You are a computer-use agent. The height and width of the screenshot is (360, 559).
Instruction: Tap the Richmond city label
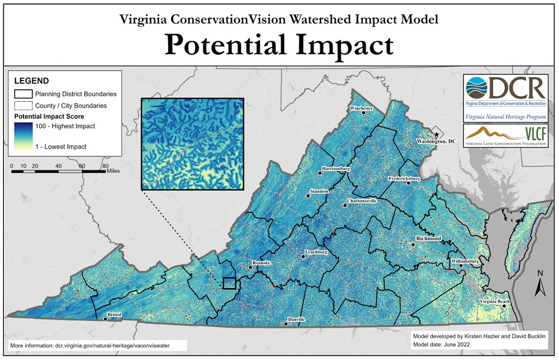click(428, 239)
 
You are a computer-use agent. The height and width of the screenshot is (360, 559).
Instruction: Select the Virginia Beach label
click(494, 302)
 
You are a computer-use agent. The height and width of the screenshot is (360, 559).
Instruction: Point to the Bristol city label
click(114, 315)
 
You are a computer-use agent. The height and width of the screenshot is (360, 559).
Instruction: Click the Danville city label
click(296, 319)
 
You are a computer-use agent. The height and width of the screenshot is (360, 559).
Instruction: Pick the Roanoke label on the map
click(262, 262)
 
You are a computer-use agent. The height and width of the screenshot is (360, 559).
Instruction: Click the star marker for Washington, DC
click(437, 135)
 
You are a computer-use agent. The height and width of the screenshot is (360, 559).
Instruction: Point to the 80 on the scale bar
click(105, 166)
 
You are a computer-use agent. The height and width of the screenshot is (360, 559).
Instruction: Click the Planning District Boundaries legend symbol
click(22, 94)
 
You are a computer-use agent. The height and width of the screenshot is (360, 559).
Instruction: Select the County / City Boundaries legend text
click(70, 105)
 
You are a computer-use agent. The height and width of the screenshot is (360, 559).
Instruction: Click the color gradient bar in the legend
click(22, 136)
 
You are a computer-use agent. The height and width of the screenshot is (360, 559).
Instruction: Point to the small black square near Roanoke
click(229, 283)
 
